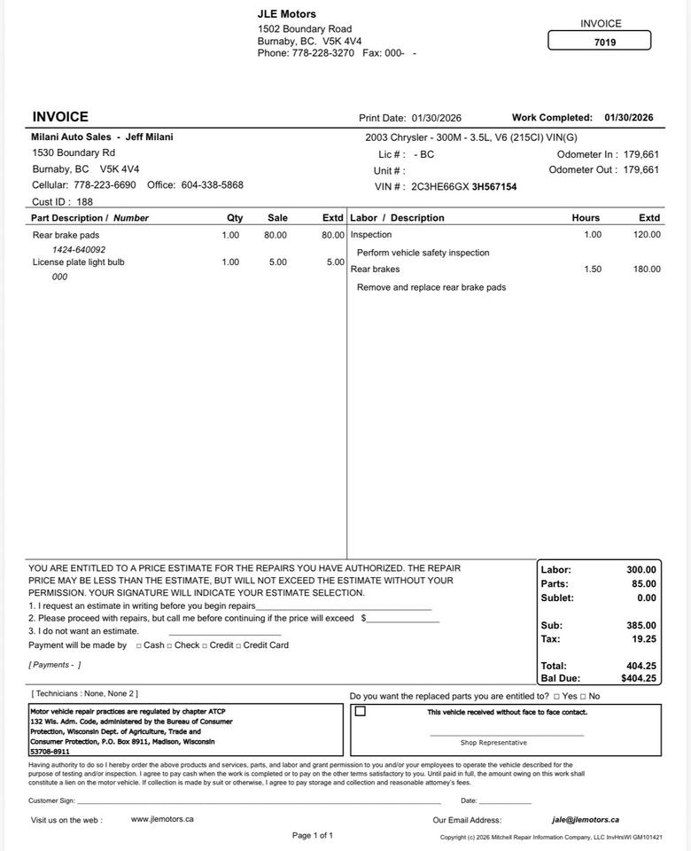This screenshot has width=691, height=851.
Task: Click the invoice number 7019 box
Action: pyautogui.click(x=600, y=41)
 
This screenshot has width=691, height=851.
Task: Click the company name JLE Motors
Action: pyautogui.click(x=287, y=14)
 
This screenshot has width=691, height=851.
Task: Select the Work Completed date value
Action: pyautogui.click(x=629, y=118)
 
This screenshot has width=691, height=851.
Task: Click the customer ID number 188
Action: pyautogui.click(x=85, y=202)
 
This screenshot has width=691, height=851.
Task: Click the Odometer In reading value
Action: pyautogui.click(x=641, y=154)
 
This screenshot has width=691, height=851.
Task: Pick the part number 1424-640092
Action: pyautogui.click(x=79, y=250)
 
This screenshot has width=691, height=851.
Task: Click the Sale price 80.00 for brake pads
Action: pyautogui.click(x=276, y=235)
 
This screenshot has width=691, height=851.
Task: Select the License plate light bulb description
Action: pyautogui.click(x=79, y=262)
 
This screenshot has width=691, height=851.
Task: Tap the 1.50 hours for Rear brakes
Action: pyautogui.click(x=593, y=269)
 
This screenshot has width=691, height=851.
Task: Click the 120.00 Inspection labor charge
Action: pyautogui.click(x=647, y=235)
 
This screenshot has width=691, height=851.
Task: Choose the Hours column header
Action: pyautogui.click(x=586, y=218)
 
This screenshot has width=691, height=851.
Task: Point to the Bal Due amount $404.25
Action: pyautogui.click(x=639, y=678)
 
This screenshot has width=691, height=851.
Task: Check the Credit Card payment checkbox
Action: pyautogui.click(x=238, y=645)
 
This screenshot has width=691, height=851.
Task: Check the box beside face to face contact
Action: pyautogui.click(x=361, y=711)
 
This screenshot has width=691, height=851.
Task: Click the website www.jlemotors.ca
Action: pyautogui.click(x=162, y=819)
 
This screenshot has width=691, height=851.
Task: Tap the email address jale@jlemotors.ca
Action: pyautogui.click(x=585, y=820)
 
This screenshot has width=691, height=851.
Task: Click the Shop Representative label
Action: pyautogui.click(x=493, y=743)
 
